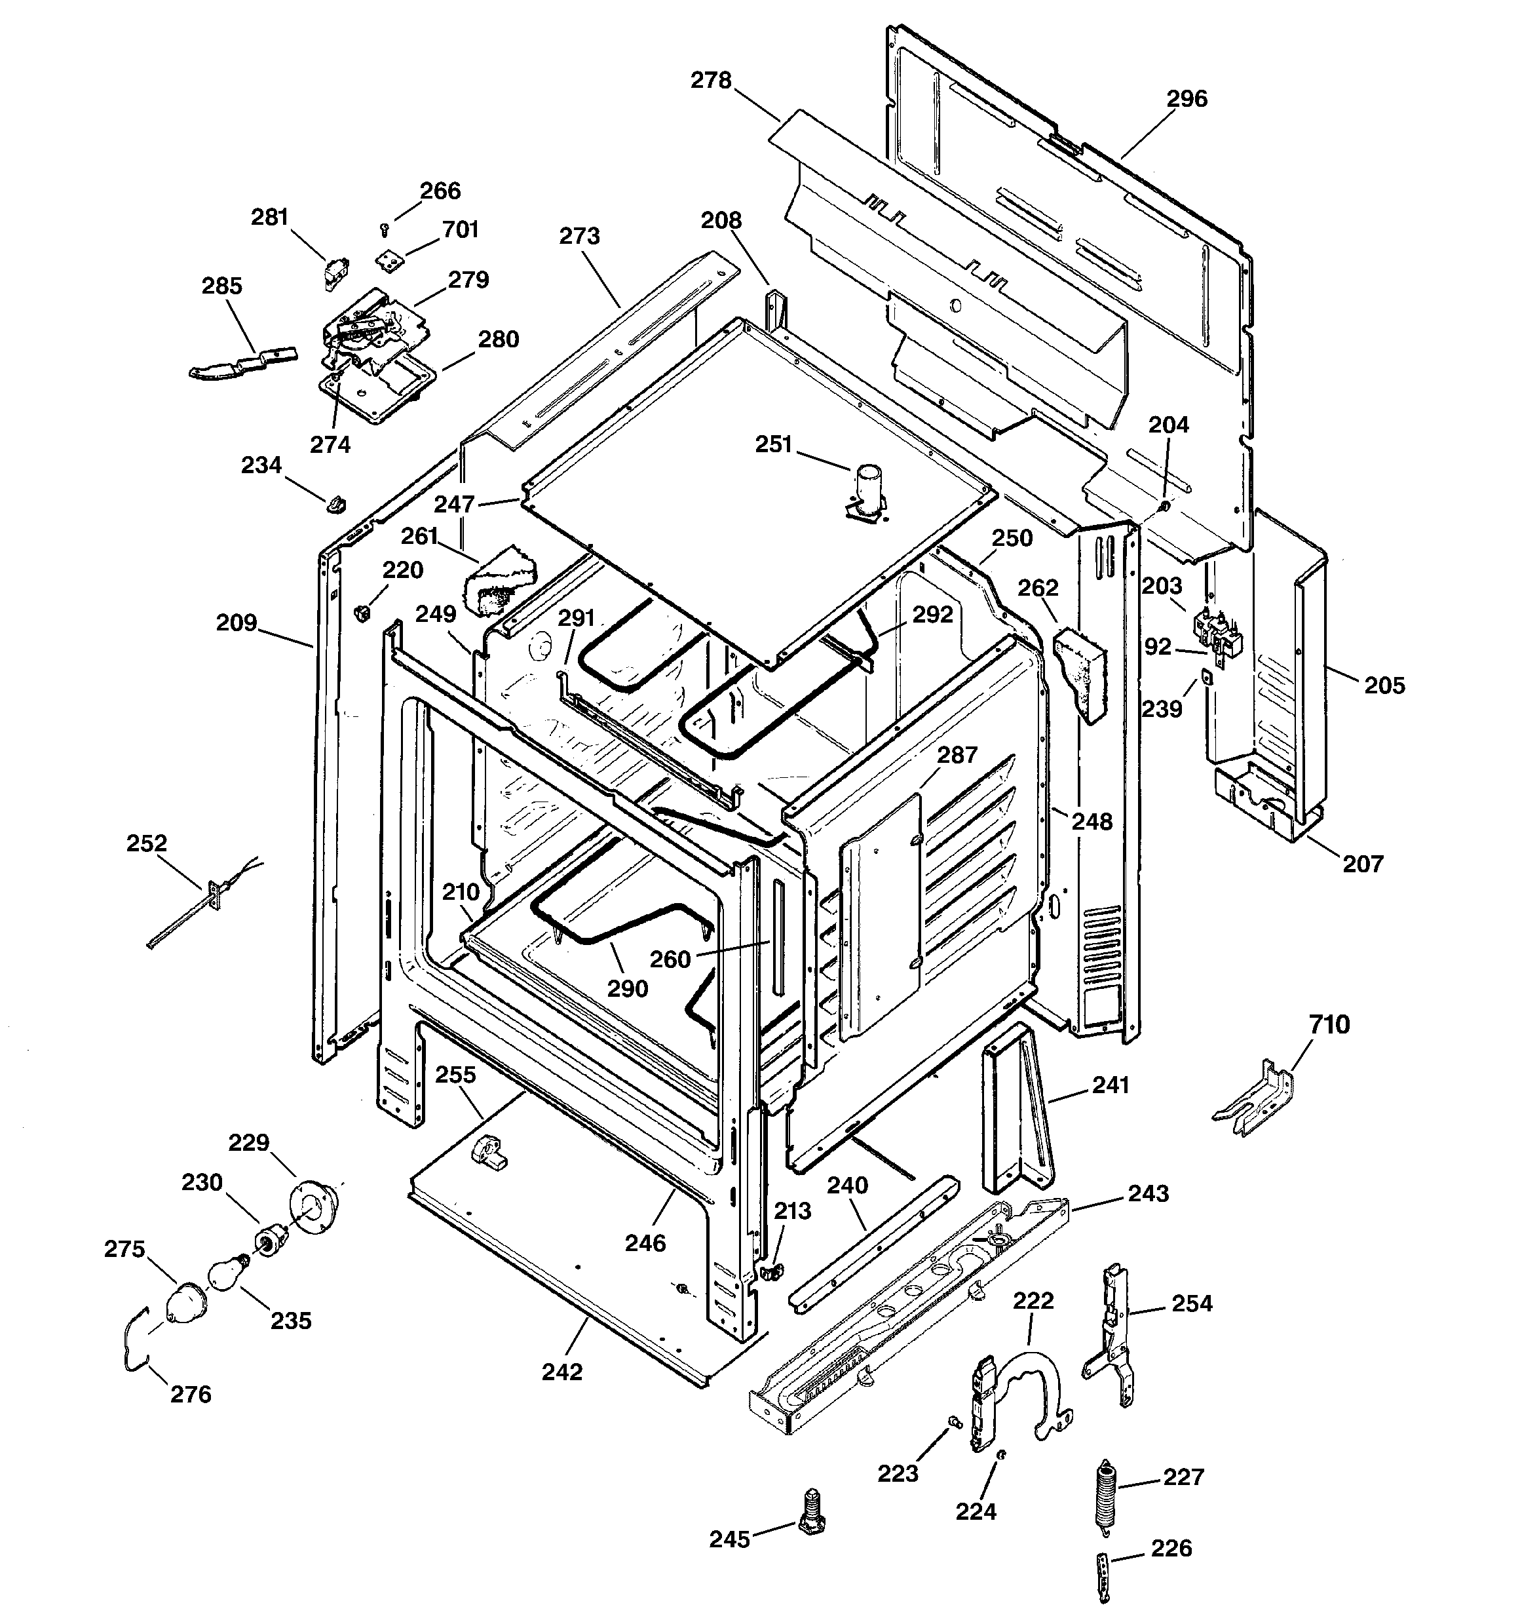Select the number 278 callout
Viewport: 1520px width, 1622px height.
pos(711,80)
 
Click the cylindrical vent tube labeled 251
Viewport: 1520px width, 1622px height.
pos(868,490)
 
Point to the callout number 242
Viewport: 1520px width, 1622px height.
pos(562,1372)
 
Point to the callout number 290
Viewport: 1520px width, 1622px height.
pos(628,988)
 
